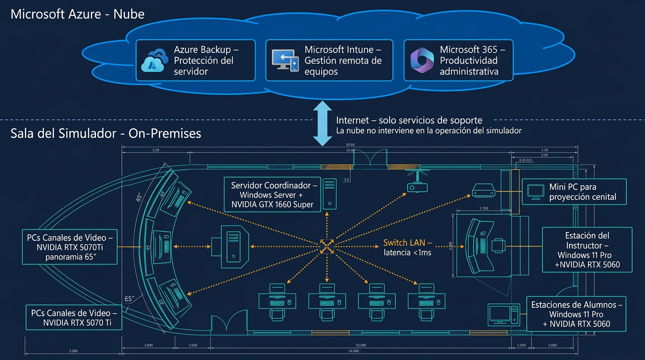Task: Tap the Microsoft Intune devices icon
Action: (x=285, y=60)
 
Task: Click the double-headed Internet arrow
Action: (x=322, y=122)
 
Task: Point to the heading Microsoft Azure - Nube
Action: (x=77, y=14)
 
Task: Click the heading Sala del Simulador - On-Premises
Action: (x=105, y=133)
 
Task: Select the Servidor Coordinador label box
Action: (x=274, y=194)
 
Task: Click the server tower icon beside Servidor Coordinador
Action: (x=330, y=193)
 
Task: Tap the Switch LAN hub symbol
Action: (x=326, y=246)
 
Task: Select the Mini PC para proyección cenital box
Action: (x=574, y=191)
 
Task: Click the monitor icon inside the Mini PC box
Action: (x=535, y=191)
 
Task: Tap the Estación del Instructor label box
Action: (x=587, y=250)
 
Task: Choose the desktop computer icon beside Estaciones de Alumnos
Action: (x=503, y=315)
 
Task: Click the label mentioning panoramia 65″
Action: (x=70, y=247)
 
